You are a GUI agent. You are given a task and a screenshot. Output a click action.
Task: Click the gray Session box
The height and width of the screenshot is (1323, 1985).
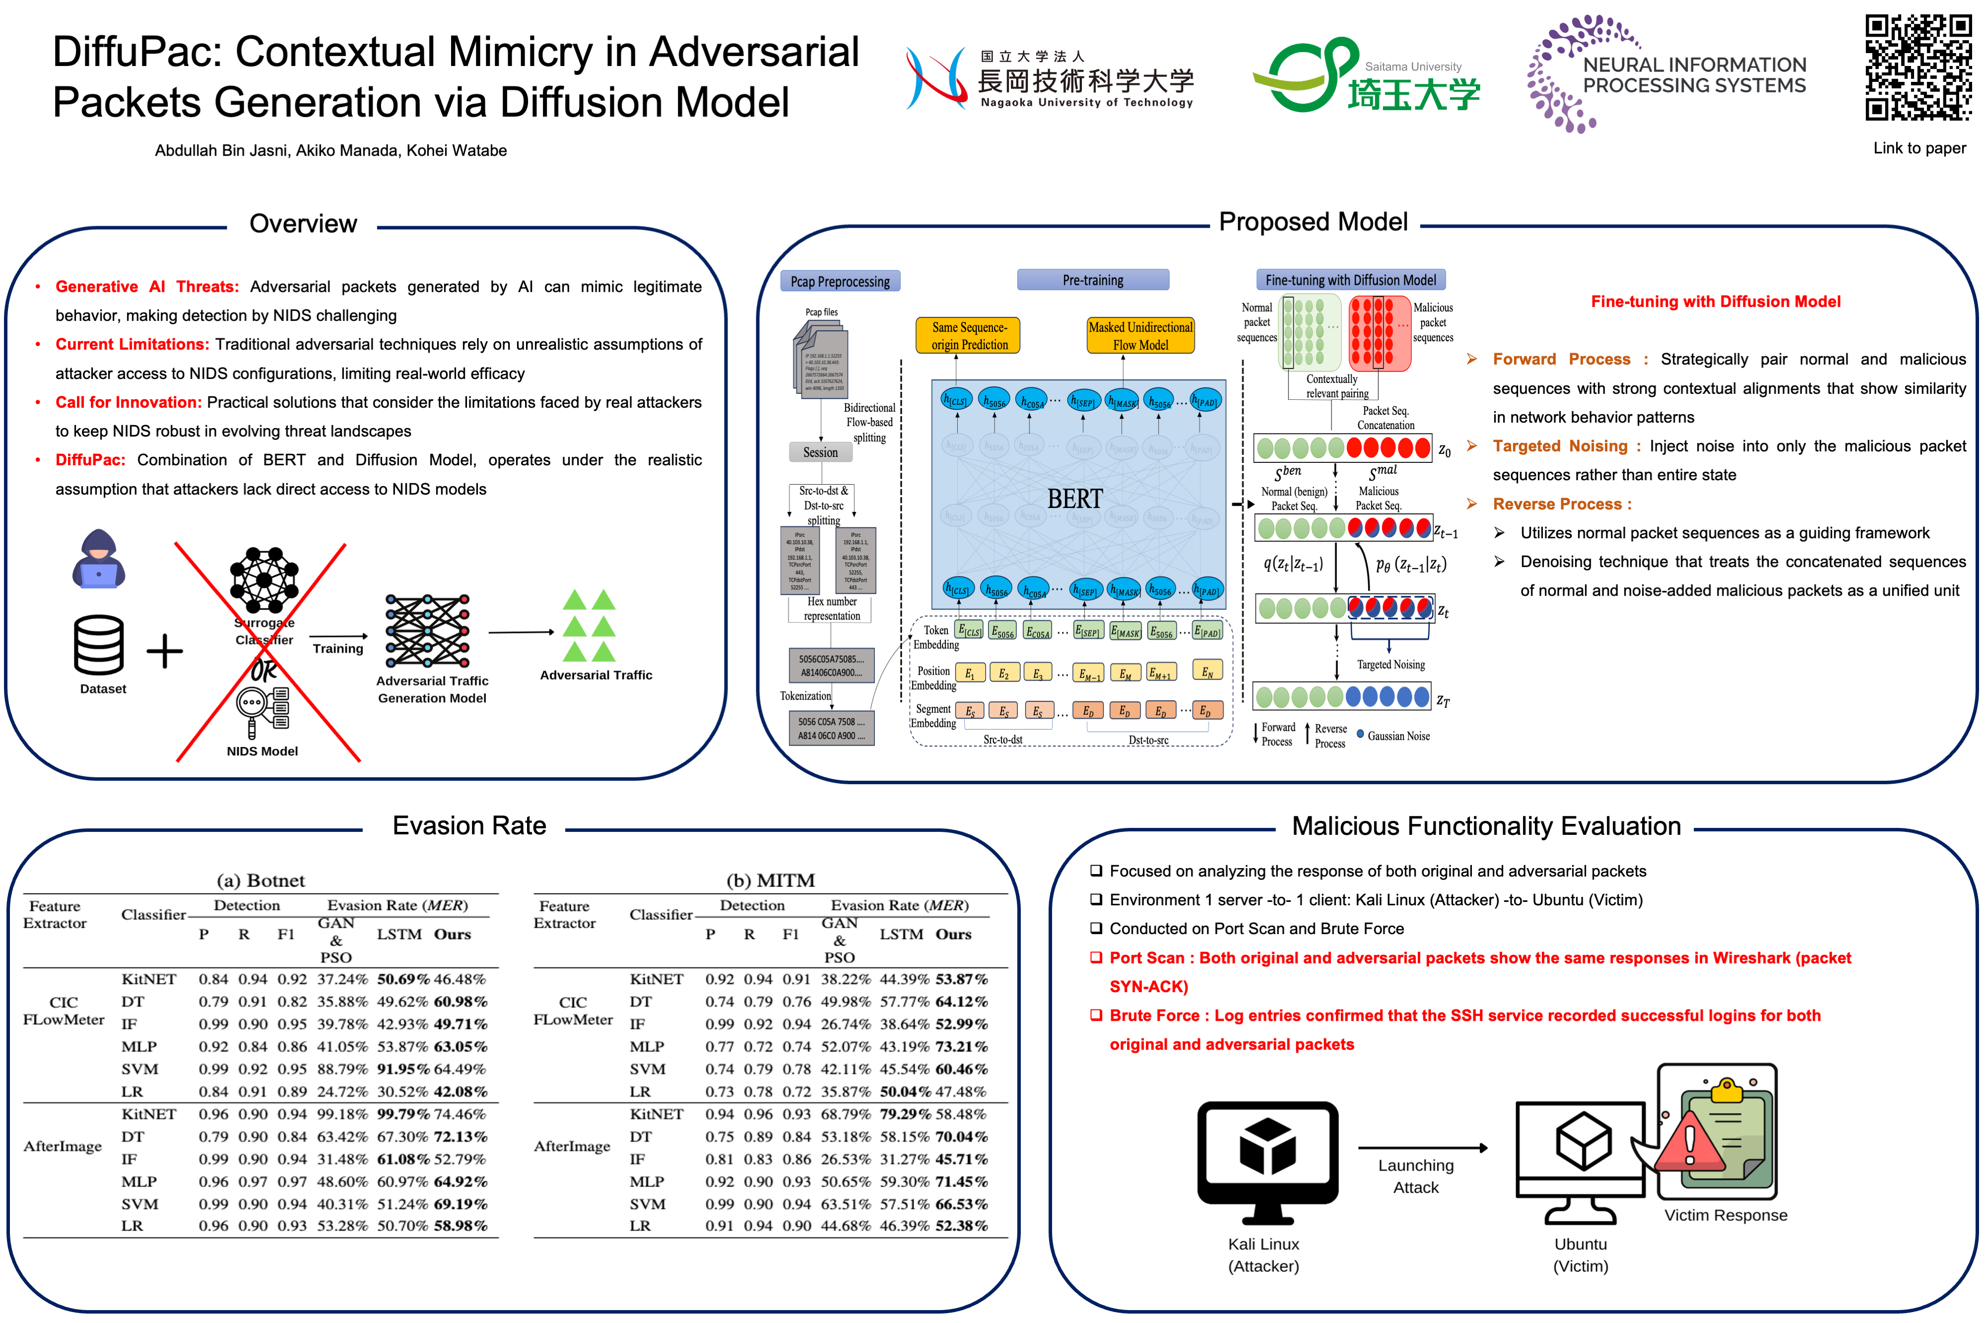tap(820, 452)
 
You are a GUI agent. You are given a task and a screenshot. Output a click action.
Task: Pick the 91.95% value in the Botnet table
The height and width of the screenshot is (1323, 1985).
tap(402, 1069)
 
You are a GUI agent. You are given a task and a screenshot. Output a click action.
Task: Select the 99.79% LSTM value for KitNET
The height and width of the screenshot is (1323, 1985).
tap(402, 1114)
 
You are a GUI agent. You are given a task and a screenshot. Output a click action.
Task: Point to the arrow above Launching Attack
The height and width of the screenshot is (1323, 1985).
tap(1422, 1147)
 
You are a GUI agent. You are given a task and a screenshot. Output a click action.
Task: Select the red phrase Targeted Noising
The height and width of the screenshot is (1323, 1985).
tap(1560, 446)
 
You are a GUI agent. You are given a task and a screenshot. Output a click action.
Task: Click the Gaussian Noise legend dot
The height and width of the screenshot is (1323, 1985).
tap(1360, 734)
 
